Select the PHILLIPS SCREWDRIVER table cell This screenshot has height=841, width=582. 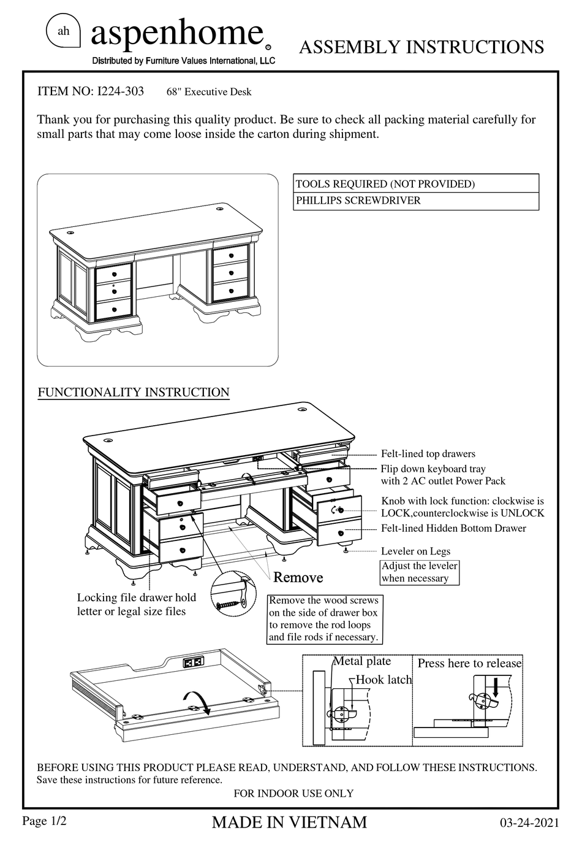coord(416,201)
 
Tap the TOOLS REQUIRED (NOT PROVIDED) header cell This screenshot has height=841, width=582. coord(416,183)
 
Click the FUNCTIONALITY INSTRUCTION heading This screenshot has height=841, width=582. coord(134,392)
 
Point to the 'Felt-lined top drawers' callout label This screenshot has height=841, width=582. coord(428,454)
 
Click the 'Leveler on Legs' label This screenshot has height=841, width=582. coord(415,551)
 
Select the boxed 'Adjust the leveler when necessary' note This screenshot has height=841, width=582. coord(419,572)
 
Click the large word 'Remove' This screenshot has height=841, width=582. coord(298,577)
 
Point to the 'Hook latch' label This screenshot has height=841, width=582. coord(384,680)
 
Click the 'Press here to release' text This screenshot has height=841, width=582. coord(469,663)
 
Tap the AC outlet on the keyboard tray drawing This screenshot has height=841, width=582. coord(192,662)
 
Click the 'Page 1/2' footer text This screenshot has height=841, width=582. coord(44,821)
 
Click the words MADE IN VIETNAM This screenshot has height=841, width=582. coord(289,822)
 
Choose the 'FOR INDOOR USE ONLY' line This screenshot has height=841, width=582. coord(293,793)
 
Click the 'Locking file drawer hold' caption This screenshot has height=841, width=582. coord(136,597)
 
